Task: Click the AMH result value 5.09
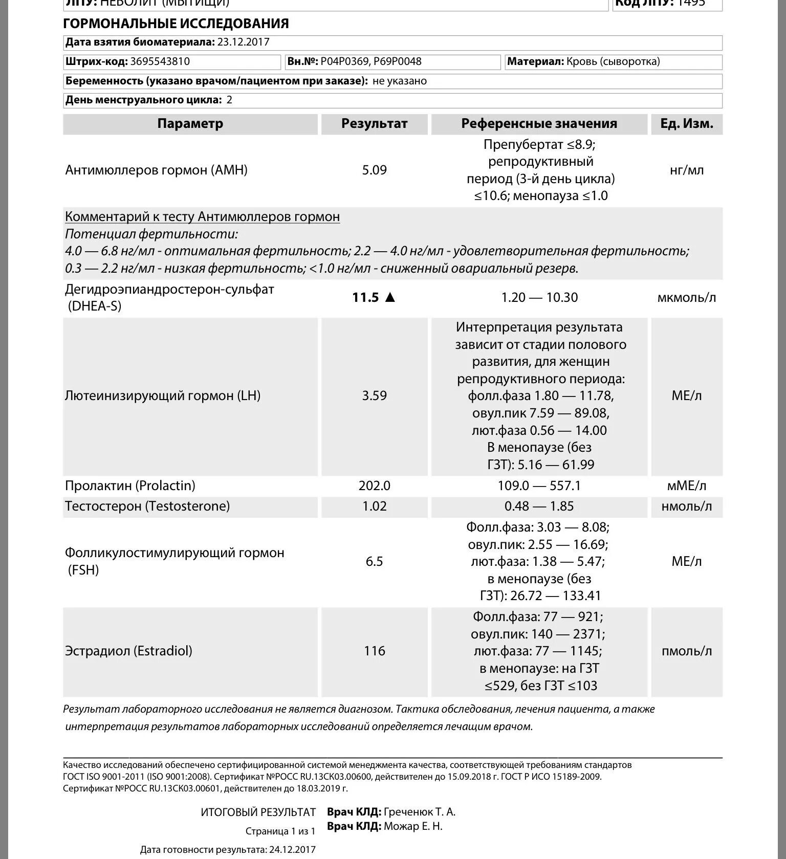pos(374,170)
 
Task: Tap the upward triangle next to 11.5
pos(390,297)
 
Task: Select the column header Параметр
pos(190,124)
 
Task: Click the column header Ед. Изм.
pos(686,124)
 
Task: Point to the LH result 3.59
pos(374,395)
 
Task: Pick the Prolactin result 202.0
pos(374,486)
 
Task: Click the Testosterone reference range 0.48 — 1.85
pos(539,506)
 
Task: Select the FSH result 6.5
pos(374,561)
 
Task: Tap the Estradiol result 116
pos(374,651)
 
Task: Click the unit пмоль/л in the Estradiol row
pos(686,651)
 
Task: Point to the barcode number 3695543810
pos(160,62)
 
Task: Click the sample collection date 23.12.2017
pos(243,42)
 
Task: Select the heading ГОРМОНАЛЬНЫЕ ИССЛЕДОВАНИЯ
pos(176,24)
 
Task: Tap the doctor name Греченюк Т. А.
pos(419,812)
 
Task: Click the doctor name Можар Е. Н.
pos(412,826)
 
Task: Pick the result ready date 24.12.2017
pos(292,850)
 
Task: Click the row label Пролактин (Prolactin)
pos(130,486)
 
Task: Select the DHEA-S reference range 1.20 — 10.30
pos(539,297)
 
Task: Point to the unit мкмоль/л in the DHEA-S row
pos(686,298)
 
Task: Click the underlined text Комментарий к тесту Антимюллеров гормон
pos(202,217)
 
